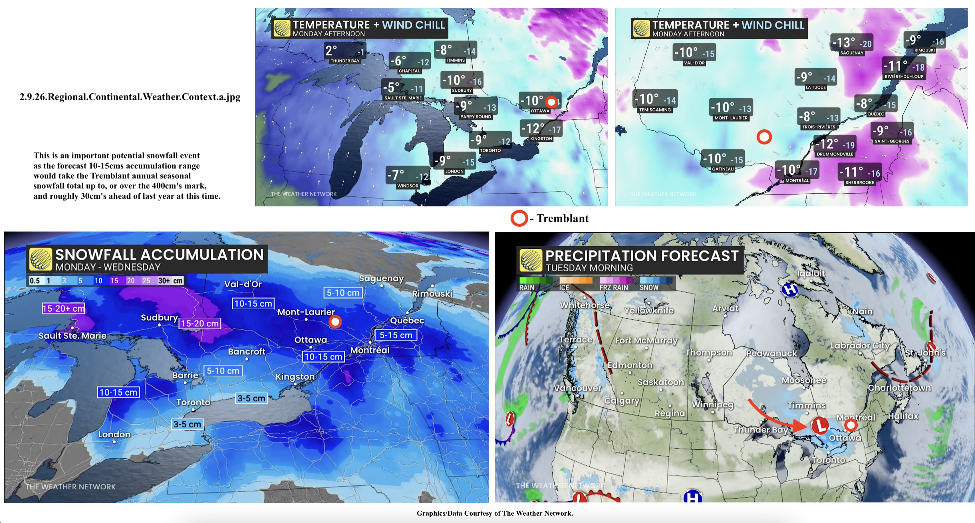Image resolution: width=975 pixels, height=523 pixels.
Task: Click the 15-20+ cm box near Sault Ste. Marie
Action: tap(64, 308)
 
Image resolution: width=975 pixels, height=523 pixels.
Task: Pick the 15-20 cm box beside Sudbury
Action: tap(200, 323)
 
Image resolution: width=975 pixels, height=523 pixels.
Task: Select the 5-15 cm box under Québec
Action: tap(396, 335)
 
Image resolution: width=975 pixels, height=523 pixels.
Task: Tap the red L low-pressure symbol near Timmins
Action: tap(820, 425)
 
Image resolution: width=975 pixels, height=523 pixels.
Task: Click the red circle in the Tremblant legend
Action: tap(519, 218)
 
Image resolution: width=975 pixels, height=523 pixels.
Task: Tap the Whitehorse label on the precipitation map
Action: tap(585, 305)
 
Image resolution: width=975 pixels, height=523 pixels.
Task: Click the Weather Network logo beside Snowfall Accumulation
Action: tap(40, 259)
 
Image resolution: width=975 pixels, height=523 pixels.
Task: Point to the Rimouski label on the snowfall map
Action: tap(432, 294)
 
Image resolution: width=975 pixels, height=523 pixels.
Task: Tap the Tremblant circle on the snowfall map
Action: tap(335, 322)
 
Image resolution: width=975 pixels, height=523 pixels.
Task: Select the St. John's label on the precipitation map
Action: tap(925, 353)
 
